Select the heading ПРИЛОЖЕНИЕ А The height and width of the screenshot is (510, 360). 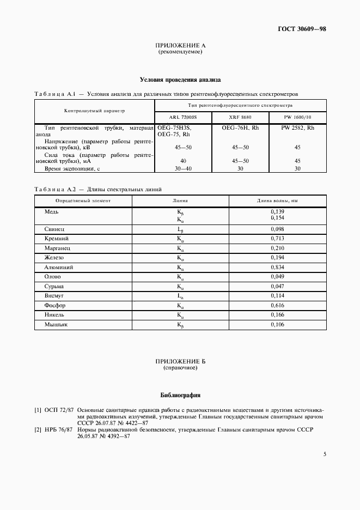pos(180,46)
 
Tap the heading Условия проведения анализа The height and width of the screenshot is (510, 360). pos(180,79)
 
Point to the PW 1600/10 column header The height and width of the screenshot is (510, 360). pos(297,117)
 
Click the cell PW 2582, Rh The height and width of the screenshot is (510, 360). pos(297,127)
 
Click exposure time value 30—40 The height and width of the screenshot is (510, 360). pos(184,169)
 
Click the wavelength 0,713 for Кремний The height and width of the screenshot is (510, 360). pos(278,239)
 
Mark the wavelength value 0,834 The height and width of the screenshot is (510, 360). pos(278,268)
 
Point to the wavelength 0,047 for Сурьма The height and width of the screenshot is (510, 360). pos(278,286)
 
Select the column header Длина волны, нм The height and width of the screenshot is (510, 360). pos(278,201)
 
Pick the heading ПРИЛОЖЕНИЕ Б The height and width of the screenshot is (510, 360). pos(180,362)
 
